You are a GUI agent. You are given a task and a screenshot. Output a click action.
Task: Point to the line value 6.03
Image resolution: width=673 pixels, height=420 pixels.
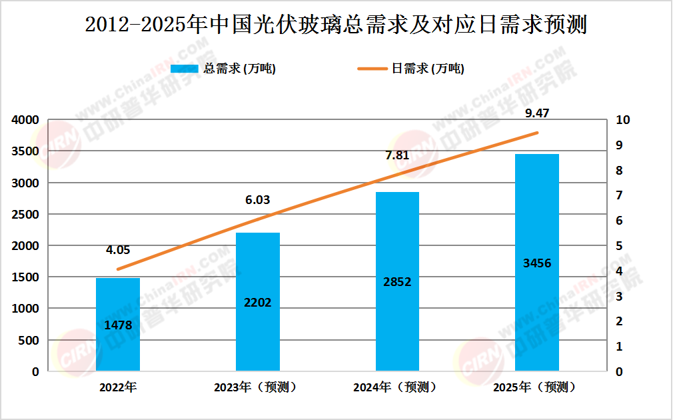pos(258,200)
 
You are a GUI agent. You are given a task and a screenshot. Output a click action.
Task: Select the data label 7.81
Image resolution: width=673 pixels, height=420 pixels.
pos(397,155)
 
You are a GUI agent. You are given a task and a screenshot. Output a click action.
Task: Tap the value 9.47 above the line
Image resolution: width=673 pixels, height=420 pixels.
pos(537,113)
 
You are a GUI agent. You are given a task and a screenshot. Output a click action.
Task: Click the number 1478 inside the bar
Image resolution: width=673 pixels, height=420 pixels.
pos(118,325)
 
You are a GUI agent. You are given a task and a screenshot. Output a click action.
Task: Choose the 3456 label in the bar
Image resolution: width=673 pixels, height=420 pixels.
pos(537,263)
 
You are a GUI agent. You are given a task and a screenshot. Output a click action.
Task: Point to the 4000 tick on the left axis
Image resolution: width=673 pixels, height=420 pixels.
pos(25,120)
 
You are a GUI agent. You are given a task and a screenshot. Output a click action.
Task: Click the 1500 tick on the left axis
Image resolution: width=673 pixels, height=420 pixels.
pos(25,277)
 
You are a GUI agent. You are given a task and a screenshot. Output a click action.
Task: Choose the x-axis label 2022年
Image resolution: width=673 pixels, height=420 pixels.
pos(118,387)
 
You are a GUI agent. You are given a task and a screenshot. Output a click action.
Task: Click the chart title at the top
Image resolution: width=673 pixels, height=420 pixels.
pos(336,25)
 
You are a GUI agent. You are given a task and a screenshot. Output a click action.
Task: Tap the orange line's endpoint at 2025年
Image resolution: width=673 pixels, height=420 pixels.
pos(537,133)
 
